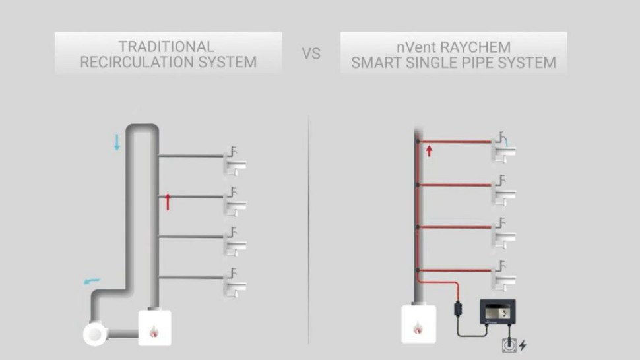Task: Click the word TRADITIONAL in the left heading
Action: click(166, 47)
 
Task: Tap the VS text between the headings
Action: click(311, 53)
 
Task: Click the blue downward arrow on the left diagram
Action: click(117, 142)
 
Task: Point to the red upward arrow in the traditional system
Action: click(168, 202)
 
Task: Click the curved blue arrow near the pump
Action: click(91, 282)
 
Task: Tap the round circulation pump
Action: click(95, 334)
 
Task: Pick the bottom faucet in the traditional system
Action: click(235, 282)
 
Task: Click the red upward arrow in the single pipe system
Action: click(429, 151)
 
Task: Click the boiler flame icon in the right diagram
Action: click(418, 327)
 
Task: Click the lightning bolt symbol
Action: click(523, 345)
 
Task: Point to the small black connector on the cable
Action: click(457, 308)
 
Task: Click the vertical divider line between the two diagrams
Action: click(309, 231)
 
